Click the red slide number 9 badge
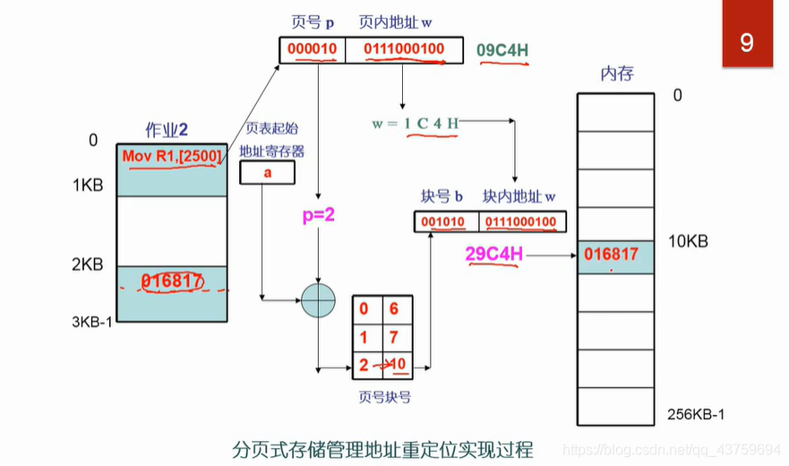(747, 42)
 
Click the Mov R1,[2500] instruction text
(171, 157)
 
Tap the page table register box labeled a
(266, 173)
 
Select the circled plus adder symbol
(317, 299)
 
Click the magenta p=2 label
(317, 216)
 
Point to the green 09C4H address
(502, 50)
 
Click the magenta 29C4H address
(493, 255)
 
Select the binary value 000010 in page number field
(312, 50)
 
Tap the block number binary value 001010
(444, 221)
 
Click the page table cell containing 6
(394, 308)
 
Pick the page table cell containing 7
(394, 337)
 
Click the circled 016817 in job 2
(170, 280)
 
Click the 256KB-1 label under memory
(695, 414)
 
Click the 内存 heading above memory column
(616, 73)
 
